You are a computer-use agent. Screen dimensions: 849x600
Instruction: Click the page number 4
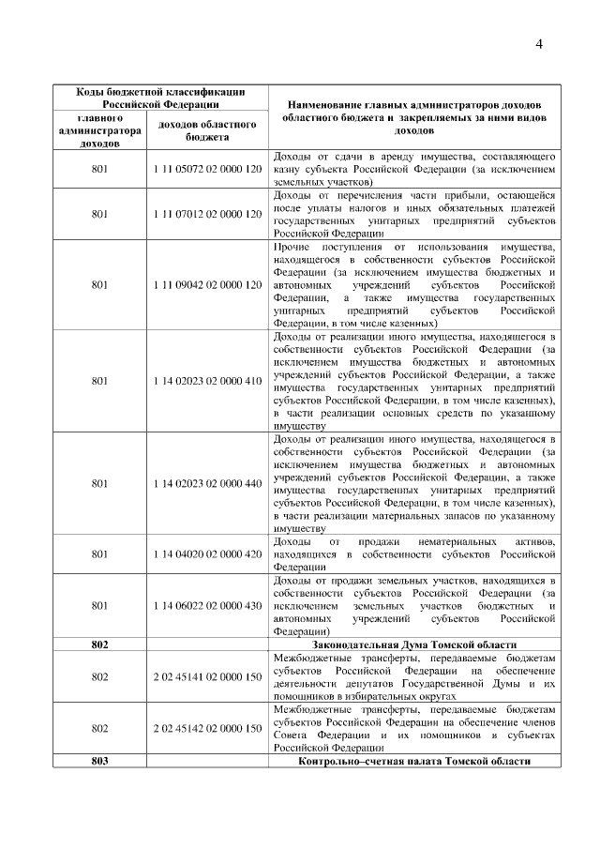click(540, 44)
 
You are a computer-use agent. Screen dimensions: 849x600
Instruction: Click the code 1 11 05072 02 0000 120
click(207, 169)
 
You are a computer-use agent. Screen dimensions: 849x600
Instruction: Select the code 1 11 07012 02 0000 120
click(207, 214)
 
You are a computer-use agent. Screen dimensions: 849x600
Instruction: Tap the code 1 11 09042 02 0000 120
click(207, 284)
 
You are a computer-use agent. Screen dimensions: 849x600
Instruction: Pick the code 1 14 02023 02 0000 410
click(207, 382)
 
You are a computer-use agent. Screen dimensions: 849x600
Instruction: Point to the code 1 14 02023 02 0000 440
click(207, 483)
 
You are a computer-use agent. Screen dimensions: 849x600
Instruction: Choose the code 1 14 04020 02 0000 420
click(207, 553)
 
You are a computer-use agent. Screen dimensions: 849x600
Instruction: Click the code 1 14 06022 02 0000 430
click(207, 605)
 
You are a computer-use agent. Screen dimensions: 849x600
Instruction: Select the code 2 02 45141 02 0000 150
click(207, 676)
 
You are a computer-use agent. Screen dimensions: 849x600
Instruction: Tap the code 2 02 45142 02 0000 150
click(207, 728)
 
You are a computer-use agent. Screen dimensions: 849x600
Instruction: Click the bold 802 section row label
click(100, 644)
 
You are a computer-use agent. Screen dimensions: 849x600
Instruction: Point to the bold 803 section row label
click(100, 760)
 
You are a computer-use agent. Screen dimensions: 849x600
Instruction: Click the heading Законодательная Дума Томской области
click(413, 644)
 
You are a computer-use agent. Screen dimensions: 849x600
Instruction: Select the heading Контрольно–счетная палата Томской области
click(413, 760)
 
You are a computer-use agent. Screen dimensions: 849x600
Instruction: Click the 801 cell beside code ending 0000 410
click(100, 382)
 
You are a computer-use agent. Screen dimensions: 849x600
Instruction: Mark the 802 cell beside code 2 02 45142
click(100, 728)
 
